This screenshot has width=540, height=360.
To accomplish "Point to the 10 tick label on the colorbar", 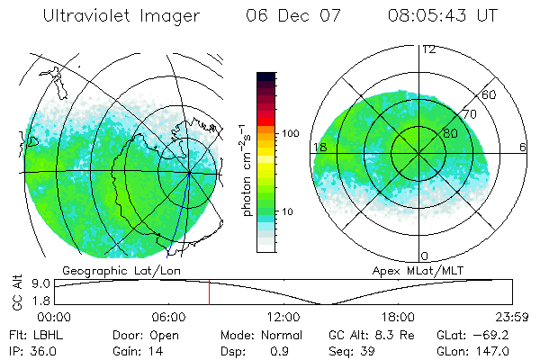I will pos(290,211).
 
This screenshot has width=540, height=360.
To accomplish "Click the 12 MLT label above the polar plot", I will pos(429,49).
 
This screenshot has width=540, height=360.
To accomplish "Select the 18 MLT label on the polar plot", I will pos(319,147).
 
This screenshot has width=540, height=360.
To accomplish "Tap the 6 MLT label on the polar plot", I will pos(523,147).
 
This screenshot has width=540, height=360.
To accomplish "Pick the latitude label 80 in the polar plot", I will pos(450,133).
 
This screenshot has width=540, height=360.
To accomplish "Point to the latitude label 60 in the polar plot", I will pos(490,94).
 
